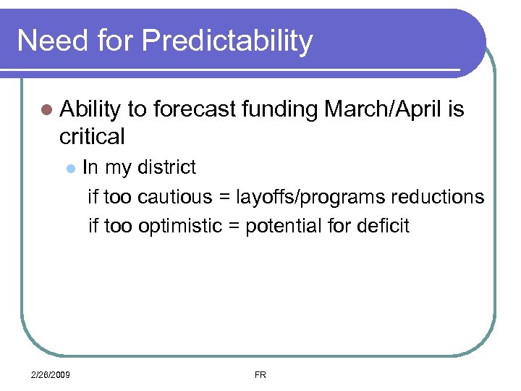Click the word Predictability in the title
227,41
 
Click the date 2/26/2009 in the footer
51,375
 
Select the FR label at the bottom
260,375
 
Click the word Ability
90,110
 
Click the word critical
93,136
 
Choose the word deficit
382,226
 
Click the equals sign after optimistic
234,226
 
